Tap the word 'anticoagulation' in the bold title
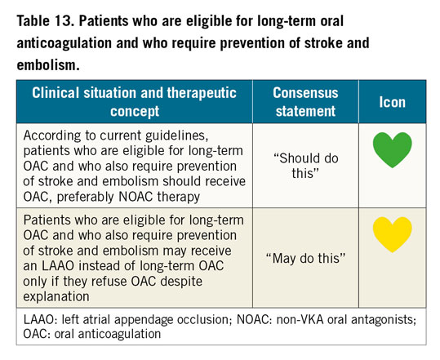point(64,43)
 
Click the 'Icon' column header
point(393,102)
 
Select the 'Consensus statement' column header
point(305,101)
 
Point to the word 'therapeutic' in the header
point(202,93)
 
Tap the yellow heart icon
point(393,234)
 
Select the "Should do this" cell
point(306,166)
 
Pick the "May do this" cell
point(305,258)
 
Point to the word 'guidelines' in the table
point(177,136)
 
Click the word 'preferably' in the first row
point(86,197)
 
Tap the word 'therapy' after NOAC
point(179,197)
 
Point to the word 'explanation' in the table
point(56,296)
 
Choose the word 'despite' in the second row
point(181,282)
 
